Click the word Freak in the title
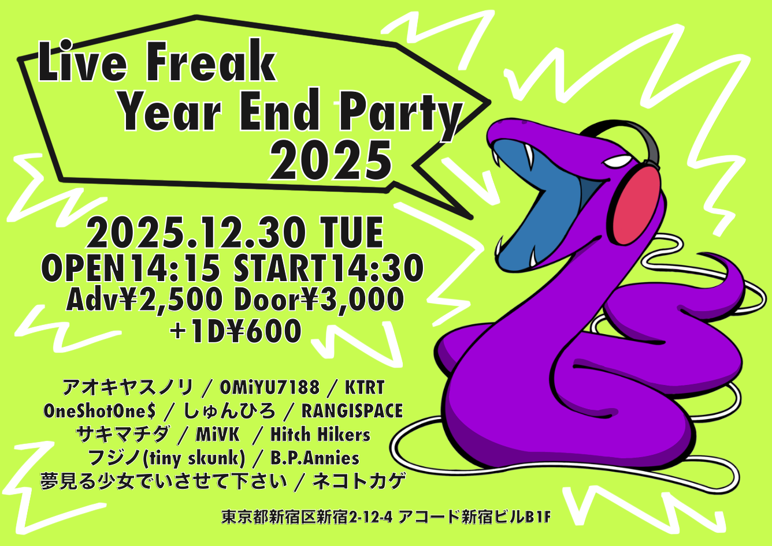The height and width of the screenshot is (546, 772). click(212, 61)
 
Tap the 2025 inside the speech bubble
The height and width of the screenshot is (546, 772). click(331, 160)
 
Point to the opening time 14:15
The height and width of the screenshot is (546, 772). click(176, 268)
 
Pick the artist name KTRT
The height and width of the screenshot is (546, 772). click(365, 388)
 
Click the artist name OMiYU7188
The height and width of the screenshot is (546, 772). click(269, 388)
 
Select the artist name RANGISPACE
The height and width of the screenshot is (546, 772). click(352, 411)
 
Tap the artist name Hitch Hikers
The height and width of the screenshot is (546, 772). click(320, 435)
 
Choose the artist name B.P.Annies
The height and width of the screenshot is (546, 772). click(315, 458)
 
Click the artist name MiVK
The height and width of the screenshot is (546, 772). click(217, 435)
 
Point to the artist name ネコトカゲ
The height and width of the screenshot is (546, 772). click(359, 481)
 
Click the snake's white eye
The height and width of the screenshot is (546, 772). click(618, 161)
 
